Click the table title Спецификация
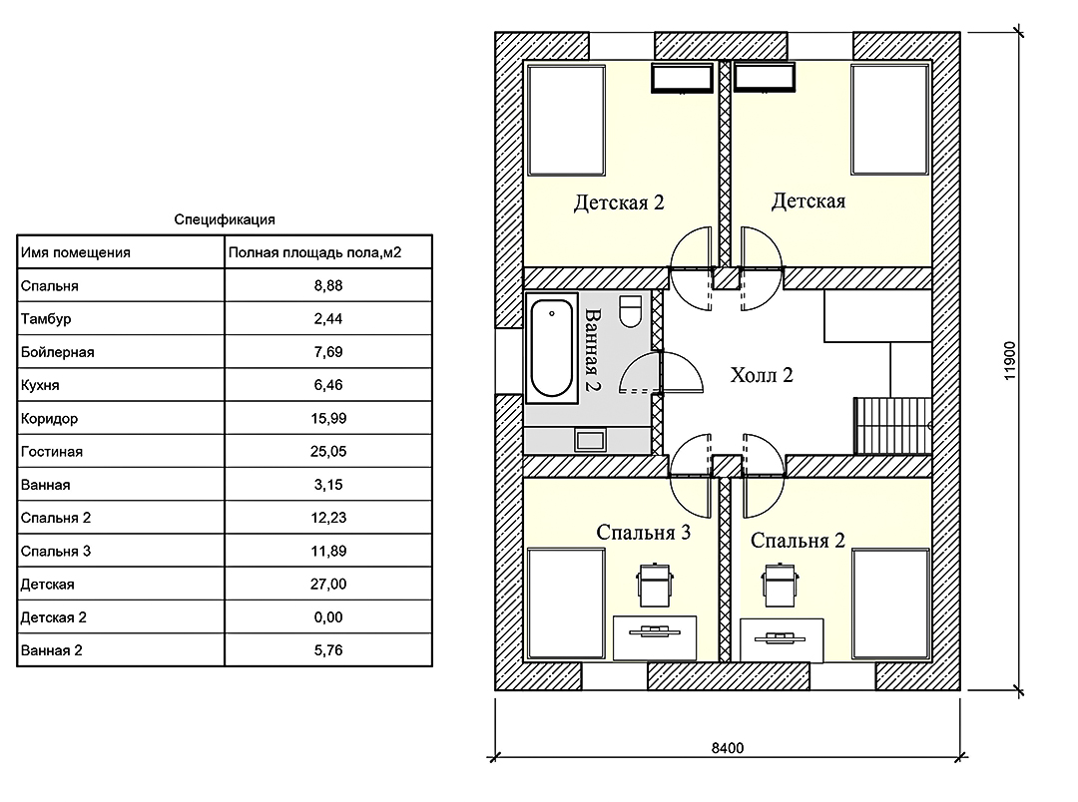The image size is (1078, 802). (x=225, y=219)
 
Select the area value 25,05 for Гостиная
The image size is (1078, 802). (x=328, y=452)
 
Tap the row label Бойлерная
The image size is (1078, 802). (x=57, y=352)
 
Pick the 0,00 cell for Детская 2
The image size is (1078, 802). (x=328, y=617)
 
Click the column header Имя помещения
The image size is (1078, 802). (x=76, y=252)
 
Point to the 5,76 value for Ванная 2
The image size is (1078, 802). (x=328, y=650)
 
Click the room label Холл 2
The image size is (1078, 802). (x=762, y=375)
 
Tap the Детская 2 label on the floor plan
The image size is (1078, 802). (x=619, y=202)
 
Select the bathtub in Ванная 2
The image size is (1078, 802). (x=551, y=348)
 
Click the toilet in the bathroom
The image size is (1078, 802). (x=631, y=310)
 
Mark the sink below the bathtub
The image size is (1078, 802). (x=590, y=440)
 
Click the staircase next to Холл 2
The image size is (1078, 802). (x=892, y=425)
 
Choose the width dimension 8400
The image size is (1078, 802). (x=728, y=748)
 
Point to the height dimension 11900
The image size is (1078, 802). (x=1009, y=361)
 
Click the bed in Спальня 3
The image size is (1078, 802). (x=566, y=602)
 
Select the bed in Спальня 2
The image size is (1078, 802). (x=891, y=602)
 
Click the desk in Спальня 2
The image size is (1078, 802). (x=782, y=639)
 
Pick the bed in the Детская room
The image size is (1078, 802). (x=890, y=121)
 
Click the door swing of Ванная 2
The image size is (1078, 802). (x=662, y=372)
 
